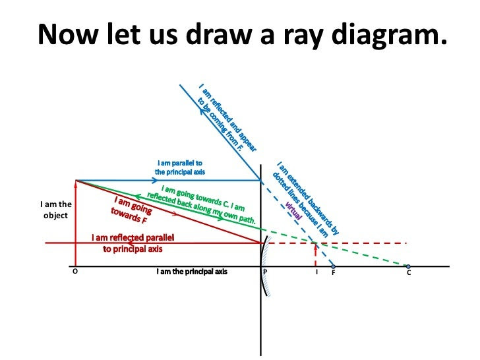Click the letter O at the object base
click(75, 271)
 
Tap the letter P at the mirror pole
click(265, 272)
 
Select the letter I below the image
click(317, 272)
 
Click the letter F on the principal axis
click(334, 272)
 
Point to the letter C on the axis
click(409, 272)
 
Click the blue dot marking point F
click(334, 266)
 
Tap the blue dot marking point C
click(408, 266)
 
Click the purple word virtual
click(293, 210)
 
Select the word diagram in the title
click(390, 34)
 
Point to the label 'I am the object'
click(55, 210)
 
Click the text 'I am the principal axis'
click(192, 272)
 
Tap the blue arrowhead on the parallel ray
click(154, 180)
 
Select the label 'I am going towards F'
click(132, 210)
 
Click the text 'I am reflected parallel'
click(133, 237)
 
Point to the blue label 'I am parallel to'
click(180, 163)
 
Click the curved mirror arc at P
click(262, 266)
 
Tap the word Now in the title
click(68, 34)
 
